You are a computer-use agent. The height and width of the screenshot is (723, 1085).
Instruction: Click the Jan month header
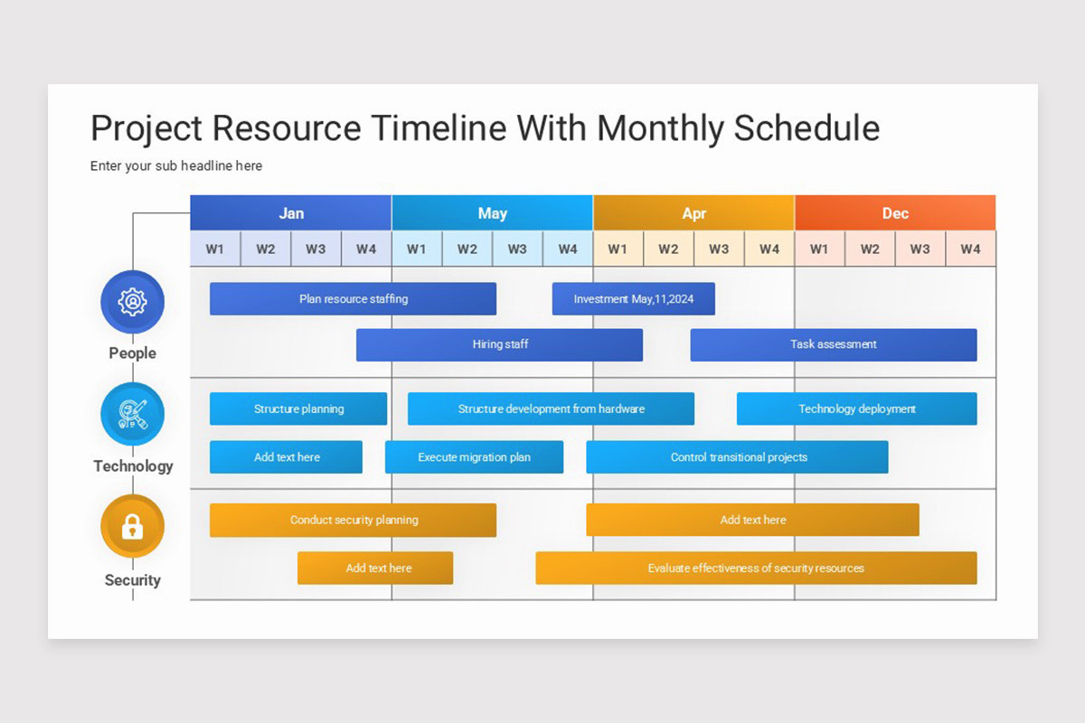pos(291,213)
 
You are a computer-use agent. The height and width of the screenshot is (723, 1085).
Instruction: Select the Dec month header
pos(895,213)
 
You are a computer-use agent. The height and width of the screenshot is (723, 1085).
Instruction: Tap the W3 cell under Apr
pos(719,249)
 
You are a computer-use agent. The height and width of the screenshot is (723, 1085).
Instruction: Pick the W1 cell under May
pos(417,249)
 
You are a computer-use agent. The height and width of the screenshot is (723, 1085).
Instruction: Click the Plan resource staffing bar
pos(353,299)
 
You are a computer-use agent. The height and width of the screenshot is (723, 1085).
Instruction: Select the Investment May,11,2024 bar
pos(633,299)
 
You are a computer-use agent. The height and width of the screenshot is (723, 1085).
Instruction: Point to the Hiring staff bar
pos(499,344)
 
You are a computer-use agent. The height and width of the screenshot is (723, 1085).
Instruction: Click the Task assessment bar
pos(833,344)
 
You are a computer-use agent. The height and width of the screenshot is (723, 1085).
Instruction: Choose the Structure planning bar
pos(298,408)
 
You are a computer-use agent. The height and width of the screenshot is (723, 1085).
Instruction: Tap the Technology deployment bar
pos(856,408)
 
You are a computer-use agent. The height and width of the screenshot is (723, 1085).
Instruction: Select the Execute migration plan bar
pos(474,457)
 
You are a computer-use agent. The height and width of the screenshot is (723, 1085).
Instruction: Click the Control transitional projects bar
pos(737,457)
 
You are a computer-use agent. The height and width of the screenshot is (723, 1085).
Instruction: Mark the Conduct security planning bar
pos(353,520)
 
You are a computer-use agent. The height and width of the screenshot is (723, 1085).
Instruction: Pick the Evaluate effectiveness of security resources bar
pos(756,568)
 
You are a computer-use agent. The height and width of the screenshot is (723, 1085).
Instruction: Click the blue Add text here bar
pos(286,457)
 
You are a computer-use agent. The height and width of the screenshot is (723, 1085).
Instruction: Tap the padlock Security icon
pos(133,526)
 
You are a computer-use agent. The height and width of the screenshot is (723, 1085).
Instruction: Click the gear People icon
pos(133,302)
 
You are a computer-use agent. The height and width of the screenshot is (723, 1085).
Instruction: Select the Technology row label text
pos(133,466)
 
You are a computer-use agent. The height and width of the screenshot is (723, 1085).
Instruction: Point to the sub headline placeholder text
pos(176,166)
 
